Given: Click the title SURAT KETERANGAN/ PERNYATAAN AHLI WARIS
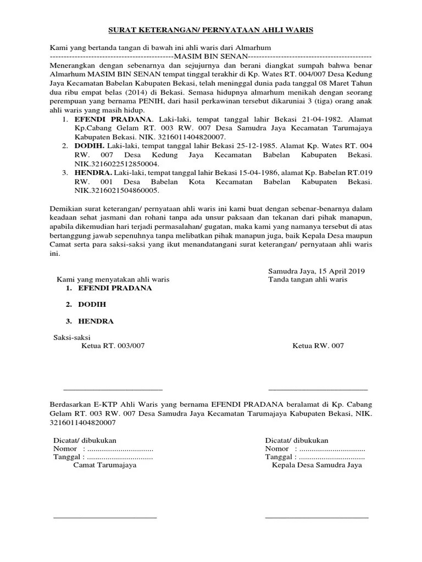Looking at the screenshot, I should tap(210, 31).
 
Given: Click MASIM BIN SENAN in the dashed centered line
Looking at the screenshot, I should tap(210, 57).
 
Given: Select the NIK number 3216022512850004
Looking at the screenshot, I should tap(117, 164).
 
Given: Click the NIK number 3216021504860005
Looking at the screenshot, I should tap(117, 190).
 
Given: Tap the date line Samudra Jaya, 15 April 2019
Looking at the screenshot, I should tap(316, 271).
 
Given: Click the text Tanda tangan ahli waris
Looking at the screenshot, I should tap(307, 279).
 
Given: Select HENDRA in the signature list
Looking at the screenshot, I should tap(96, 321).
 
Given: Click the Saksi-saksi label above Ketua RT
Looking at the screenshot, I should tap(71, 337).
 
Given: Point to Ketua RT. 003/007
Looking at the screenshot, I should tap(113, 346).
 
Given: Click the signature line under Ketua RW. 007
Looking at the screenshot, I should tap(318, 389).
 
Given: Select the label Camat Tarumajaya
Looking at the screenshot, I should tap(105, 465).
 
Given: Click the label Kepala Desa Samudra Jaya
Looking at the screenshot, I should tap(316, 465).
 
